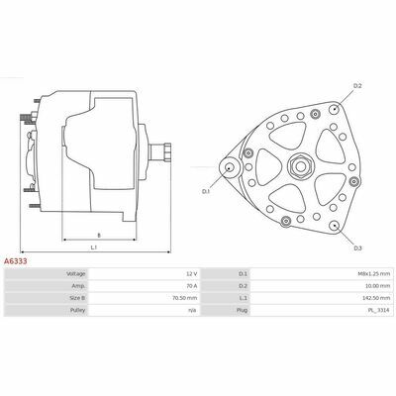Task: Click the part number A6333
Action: (15, 261)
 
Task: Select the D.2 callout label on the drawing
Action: (357, 86)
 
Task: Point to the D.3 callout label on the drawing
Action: (358, 248)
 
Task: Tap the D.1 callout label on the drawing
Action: (206, 191)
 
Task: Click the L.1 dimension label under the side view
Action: (94, 247)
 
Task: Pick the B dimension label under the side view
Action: (99, 236)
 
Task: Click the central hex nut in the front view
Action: (300, 166)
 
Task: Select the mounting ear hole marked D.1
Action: (229, 167)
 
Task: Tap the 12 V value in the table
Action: (192, 274)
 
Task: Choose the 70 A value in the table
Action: (192, 286)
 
